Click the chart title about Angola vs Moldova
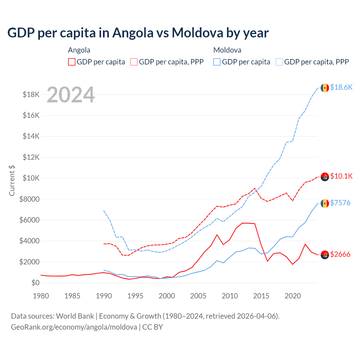138,33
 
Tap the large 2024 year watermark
71,95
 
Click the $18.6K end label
341,87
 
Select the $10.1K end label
341,176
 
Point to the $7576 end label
340,203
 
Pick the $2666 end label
340,254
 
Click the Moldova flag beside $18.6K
325,88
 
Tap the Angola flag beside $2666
325,255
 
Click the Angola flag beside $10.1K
325,177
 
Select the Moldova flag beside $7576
325,203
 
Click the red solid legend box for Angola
72,62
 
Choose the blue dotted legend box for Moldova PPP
279,62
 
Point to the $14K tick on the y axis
31,136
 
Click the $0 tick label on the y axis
35,283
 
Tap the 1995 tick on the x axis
135,296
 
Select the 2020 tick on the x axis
293,296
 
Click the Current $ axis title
12,180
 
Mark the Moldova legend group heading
227,50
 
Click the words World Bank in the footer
75,316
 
